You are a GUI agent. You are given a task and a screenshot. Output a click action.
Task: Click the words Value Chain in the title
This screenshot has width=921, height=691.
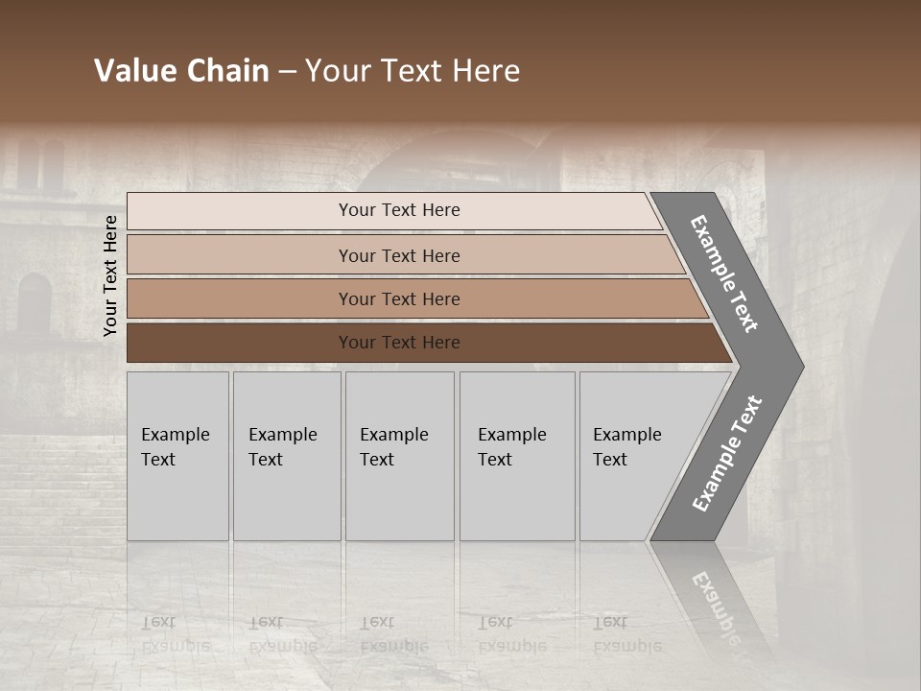[181, 71]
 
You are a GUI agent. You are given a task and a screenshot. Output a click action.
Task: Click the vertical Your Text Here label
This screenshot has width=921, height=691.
[110, 275]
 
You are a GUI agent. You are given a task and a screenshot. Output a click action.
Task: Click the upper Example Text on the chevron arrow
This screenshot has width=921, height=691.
[725, 274]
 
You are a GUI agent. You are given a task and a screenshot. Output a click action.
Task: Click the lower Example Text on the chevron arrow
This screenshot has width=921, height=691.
[727, 454]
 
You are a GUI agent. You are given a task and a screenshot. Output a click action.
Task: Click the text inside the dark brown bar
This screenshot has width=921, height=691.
[399, 343]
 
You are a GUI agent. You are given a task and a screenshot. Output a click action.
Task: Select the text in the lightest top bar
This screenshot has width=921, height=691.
[399, 210]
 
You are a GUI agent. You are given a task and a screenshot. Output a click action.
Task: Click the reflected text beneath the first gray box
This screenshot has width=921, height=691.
[175, 633]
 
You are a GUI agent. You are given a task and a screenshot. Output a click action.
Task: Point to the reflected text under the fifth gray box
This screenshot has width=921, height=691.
[626, 633]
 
